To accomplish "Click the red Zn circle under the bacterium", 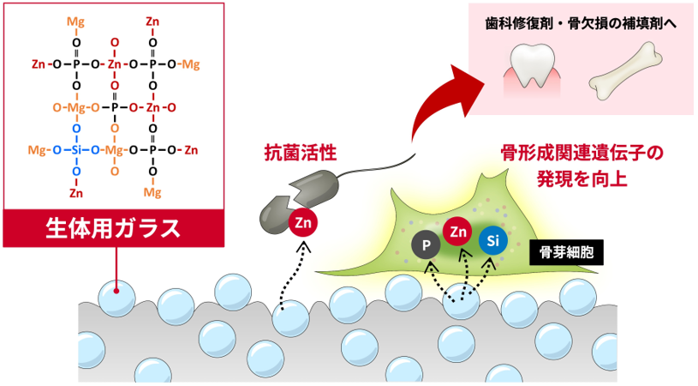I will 302,222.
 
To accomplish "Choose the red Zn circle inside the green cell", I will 459,230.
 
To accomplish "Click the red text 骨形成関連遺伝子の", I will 582,155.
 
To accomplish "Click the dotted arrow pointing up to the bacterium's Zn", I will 291,274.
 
